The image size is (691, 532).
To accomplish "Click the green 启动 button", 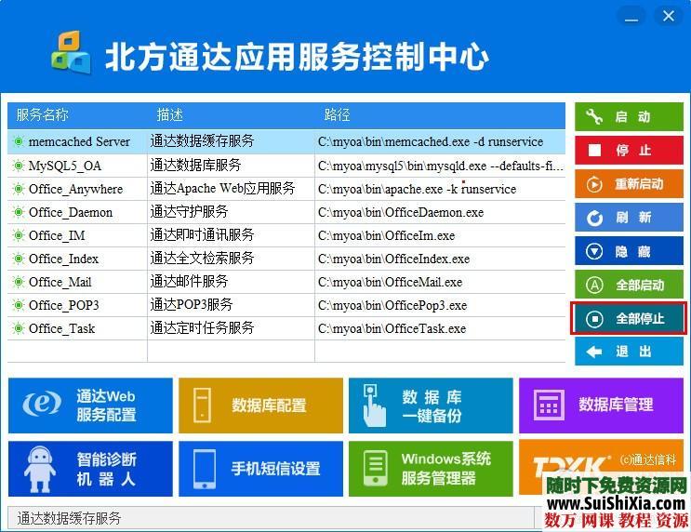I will point(629,117).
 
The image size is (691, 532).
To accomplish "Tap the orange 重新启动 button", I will point(629,184).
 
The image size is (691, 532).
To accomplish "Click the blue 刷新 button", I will point(629,218).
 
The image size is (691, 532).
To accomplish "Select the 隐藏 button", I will point(629,251).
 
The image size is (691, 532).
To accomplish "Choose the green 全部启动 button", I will point(629,285).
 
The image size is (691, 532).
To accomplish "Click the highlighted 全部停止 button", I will point(629,319).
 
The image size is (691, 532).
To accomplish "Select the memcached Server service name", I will point(79,141).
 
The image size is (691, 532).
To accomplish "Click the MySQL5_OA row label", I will point(65,166).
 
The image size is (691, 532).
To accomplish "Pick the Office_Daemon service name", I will point(71,212).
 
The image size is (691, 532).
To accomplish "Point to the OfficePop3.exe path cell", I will point(392,305).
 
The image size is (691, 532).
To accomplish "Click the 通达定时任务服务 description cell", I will point(202,328).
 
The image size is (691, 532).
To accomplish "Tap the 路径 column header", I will point(337,115).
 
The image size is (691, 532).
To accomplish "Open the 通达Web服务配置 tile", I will point(90,406).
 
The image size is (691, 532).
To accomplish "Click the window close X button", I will point(668,16).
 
